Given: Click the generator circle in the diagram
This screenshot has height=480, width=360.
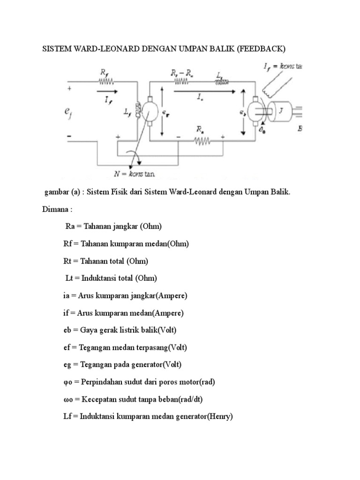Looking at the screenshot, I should [x=150, y=111].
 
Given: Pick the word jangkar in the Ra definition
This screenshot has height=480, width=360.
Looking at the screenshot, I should [x=127, y=226].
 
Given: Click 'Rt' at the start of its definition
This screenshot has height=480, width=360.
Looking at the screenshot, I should [x=68, y=261].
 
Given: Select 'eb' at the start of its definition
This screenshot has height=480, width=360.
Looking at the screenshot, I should [x=67, y=330].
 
